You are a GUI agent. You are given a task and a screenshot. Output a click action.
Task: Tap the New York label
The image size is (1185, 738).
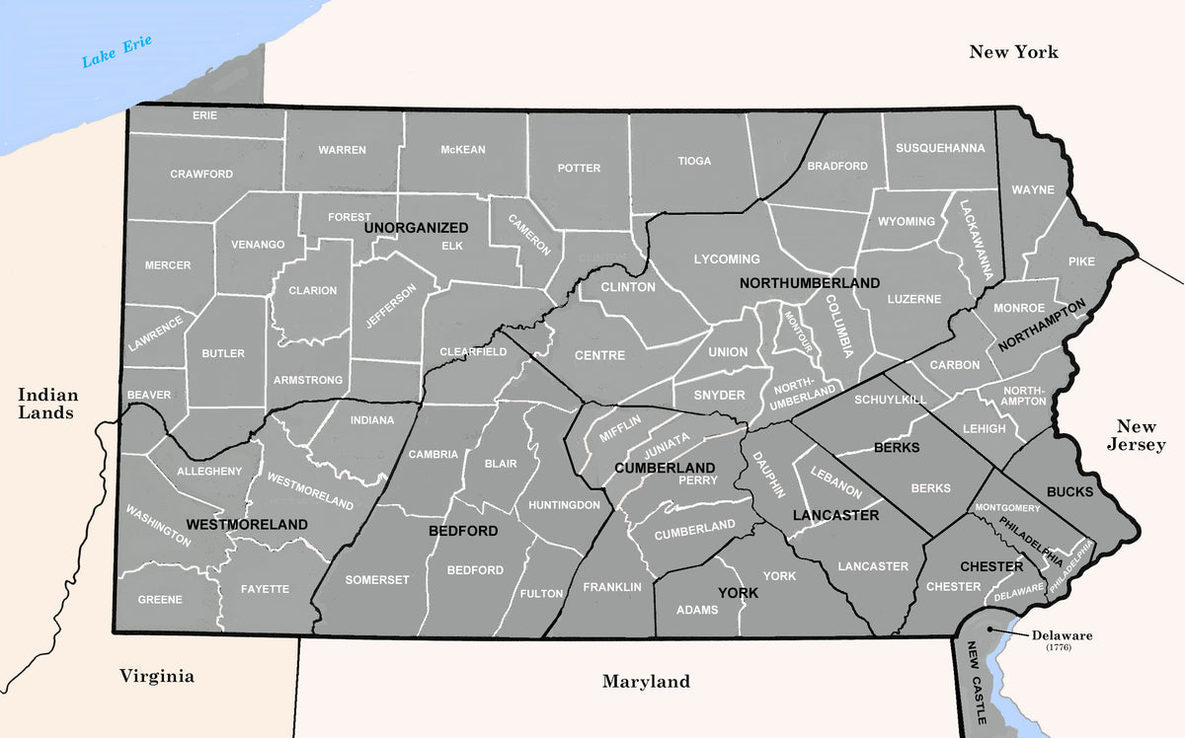[1013, 52]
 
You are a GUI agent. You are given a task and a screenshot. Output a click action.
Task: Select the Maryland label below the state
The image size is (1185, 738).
[646, 682]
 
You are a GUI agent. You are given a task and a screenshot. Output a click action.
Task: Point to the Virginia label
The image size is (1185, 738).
[157, 677]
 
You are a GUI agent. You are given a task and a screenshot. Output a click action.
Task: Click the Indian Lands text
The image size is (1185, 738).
[45, 404]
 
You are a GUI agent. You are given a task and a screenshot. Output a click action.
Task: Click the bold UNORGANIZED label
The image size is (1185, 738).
[416, 228]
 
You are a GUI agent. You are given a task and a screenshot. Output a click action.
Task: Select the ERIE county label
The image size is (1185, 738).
[204, 115]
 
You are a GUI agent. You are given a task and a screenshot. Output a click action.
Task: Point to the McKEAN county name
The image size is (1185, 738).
[463, 150]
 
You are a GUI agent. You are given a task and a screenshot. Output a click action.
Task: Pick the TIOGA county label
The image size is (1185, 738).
[694, 161]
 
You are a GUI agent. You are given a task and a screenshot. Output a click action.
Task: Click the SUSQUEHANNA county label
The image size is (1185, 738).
[940, 149]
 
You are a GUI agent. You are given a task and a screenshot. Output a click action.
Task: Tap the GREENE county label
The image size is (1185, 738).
[160, 600]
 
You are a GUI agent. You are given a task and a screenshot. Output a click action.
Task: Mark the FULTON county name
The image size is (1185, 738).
[541, 594]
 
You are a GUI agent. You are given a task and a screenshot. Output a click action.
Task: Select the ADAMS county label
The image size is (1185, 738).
[697, 610]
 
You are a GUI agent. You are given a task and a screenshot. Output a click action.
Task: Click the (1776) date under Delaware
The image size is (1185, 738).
[1058, 647]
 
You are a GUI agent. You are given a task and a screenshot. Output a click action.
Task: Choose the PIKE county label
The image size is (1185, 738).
[1081, 261]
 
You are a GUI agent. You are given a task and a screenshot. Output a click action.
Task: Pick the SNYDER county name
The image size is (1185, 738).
[720, 395]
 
